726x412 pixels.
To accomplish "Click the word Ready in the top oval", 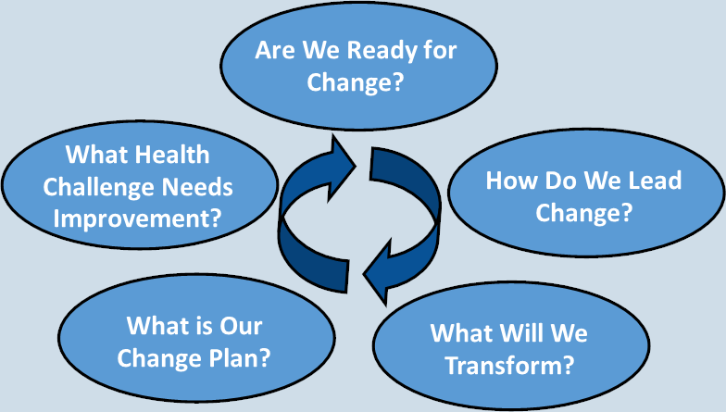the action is click(374, 51).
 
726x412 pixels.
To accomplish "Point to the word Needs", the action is click(198, 187).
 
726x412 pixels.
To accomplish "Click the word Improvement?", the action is click(137, 218).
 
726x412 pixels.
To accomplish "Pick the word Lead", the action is click(655, 180).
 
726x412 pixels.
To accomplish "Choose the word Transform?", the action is click(509, 365).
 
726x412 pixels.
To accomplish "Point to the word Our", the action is click(241, 326).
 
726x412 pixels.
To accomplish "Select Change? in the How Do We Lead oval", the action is click(583, 213).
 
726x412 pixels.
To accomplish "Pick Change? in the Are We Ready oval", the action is click(356, 81).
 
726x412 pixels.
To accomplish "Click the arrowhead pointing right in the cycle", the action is click(342, 168).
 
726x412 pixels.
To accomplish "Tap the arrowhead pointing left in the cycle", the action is click(378, 272).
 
